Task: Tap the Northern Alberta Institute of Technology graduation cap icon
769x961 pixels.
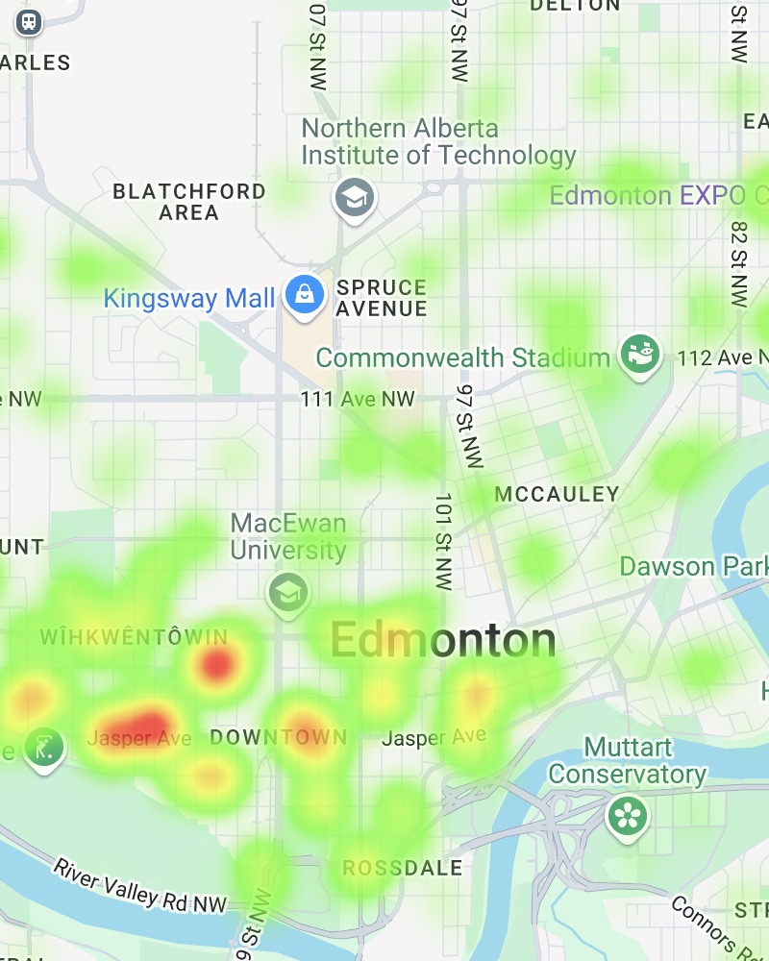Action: pos(355,199)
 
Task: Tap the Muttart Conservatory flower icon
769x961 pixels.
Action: pos(628,816)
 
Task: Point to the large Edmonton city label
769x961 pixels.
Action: pos(443,641)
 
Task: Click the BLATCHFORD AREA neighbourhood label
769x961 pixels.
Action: pos(189,202)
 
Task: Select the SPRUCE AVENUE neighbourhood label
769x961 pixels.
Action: pos(383,298)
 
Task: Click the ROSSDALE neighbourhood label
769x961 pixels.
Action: pos(403,869)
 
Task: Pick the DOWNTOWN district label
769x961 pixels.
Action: pos(279,738)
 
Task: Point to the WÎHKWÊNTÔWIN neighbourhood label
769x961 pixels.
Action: pos(134,637)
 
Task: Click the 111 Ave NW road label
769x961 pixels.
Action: pos(357,399)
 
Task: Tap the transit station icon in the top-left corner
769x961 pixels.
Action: pos(30,21)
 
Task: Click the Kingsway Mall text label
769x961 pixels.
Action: pos(189,298)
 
